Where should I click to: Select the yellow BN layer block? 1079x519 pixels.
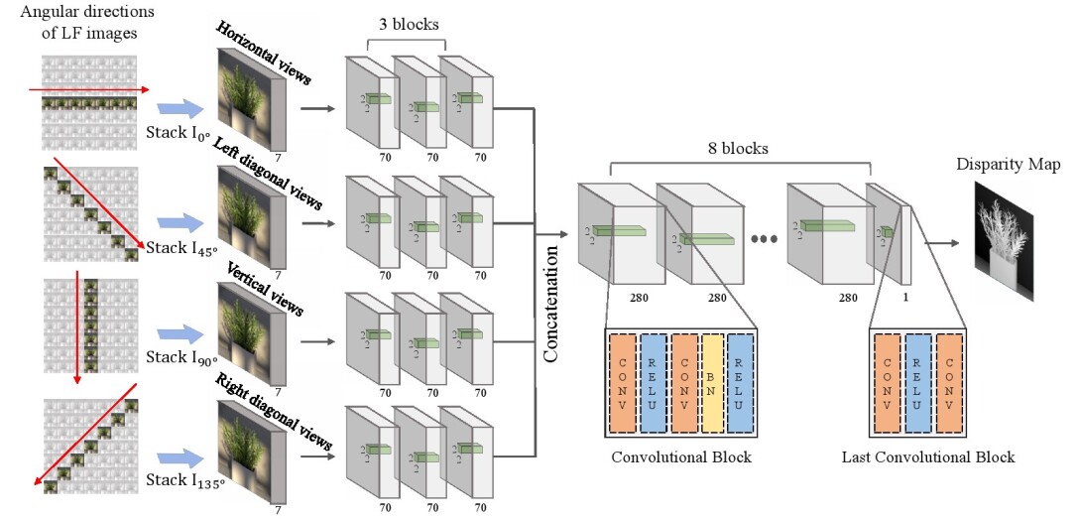(x=713, y=382)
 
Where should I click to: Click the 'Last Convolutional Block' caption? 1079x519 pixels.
(x=928, y=457)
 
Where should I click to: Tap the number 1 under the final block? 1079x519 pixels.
(x=904, y=297)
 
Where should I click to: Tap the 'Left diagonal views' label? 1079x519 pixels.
(x=268, y=175)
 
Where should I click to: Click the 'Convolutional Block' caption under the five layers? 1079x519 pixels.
(x=681, y=457)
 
